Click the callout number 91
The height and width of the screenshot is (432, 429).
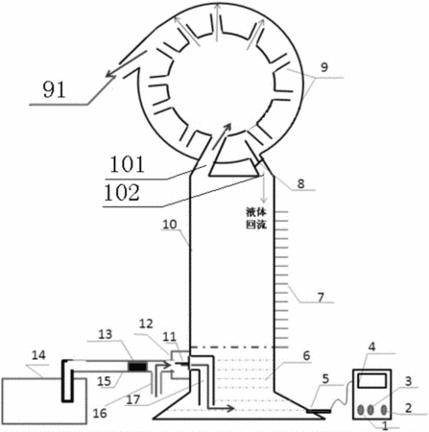click(54, 89)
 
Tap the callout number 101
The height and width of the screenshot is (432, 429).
click(127, 164)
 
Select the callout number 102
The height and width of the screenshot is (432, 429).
click(122, 193)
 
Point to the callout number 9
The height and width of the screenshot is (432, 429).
click(324, 67)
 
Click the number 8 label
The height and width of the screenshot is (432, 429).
click(300, 184)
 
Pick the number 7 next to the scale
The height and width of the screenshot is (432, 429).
click(321, 298)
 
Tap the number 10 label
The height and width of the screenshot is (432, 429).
click(170, 225)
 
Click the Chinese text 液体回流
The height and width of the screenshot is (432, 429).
click(256, 218)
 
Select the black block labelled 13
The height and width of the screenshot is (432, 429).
click(137, 367)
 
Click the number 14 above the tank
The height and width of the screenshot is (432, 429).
click(39, 355)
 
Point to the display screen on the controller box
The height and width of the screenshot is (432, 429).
click(372, 381)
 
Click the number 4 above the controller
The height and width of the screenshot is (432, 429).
click(372, 347)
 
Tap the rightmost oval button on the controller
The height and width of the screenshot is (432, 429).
click(384, 410)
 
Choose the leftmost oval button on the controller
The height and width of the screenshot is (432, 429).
click(361, 410)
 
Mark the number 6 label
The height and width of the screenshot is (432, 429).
click(306, 355)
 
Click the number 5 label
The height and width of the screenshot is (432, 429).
click(325, 378)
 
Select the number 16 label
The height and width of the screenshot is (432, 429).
click(100, 413)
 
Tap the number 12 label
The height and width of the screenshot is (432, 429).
click(146, 324)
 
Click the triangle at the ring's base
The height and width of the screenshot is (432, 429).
click(233, 176)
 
